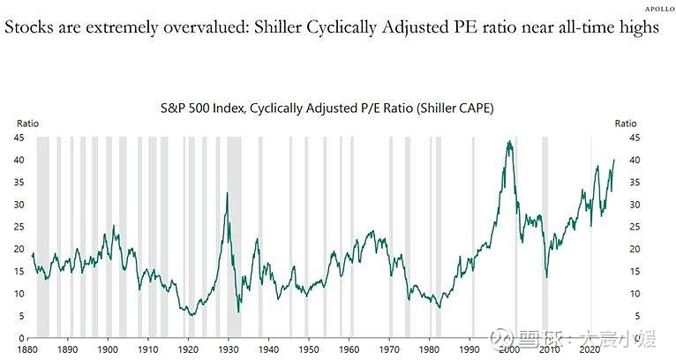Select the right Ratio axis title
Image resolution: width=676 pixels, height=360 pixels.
tap(625, 123)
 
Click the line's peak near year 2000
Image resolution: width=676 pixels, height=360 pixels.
tap(508, 141)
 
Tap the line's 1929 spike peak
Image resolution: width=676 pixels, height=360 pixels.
tap(227, 192)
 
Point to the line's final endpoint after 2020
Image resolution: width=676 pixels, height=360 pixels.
tap(614, 160)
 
